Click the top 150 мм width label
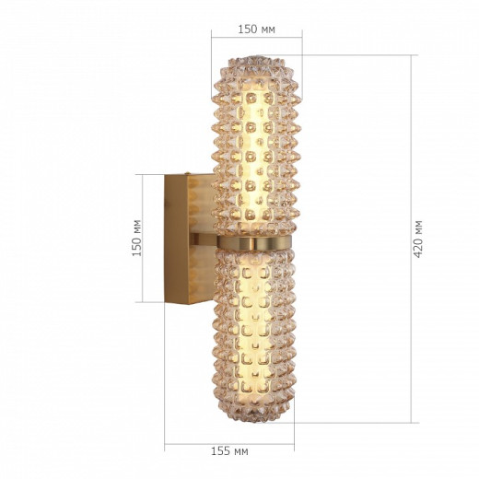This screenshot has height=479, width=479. (x=256, y=29)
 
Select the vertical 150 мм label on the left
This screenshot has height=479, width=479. (x=136, y=238)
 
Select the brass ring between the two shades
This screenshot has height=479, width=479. (x=254, y=242)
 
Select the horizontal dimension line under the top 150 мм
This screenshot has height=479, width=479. (x=256, y=39)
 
